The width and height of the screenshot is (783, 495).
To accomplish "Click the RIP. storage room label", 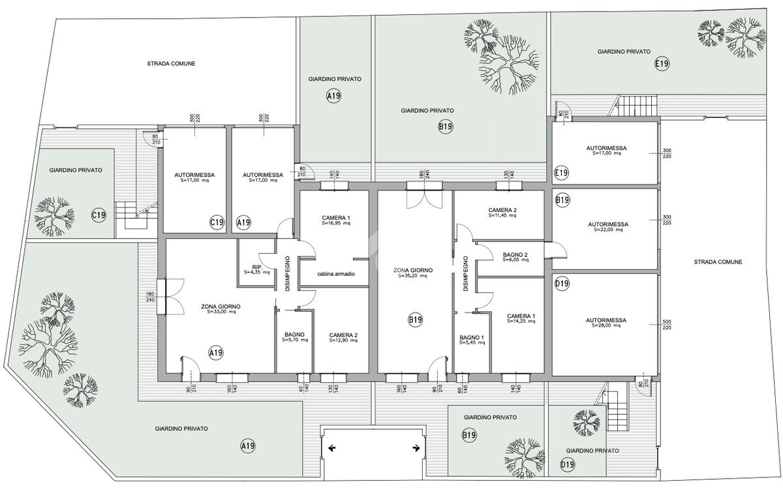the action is (x=257, y=269).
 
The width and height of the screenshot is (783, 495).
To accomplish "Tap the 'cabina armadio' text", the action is (x=336, y=274).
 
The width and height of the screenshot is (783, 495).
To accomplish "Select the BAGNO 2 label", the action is (x=515, y=257).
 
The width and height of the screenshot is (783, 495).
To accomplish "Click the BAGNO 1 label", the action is (x=472, y=340).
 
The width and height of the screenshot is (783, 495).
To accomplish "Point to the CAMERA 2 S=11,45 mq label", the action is (x=502, y=213).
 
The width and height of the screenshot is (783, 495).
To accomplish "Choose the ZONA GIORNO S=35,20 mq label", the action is (x=413, y=273).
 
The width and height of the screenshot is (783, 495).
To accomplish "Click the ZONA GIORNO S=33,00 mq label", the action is (x=221, y=309).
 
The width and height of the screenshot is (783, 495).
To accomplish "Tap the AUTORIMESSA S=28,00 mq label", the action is (x=606, y=322).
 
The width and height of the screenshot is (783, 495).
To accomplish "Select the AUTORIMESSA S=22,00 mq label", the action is (x=608, y=227).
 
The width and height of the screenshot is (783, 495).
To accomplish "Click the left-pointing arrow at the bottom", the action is (x=332, y=448).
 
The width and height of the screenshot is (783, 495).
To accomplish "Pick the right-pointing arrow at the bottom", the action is (x=416, y=448).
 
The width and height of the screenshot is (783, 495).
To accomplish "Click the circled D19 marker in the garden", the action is (x=567, y=464).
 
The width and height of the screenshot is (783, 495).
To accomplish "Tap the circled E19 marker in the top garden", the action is (x=662, y=64).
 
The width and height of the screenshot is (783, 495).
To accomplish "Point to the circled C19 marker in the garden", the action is (x=99, y=215).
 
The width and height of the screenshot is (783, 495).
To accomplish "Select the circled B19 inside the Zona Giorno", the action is (x=416, y=320).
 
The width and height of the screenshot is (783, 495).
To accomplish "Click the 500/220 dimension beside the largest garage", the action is (x=667, y=325).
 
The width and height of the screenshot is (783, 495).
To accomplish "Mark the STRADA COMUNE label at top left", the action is (x=171, y=63).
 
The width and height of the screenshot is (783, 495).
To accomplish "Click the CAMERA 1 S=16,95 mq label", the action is (x=336, y=220).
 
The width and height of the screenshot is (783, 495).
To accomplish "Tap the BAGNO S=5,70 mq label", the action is (x=295, y=337).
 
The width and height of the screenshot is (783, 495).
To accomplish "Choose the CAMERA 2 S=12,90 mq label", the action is (x=343, y=338).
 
